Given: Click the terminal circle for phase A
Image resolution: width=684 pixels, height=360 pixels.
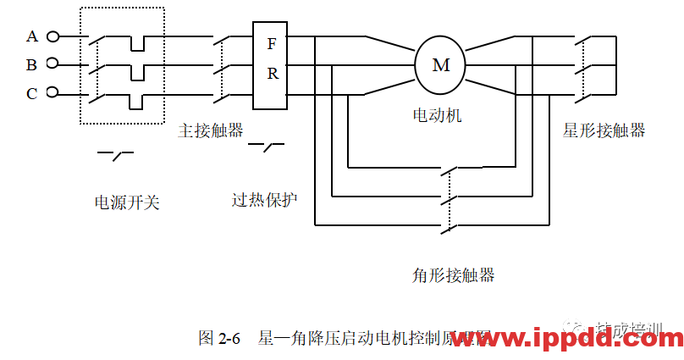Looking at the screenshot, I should [x=52, y=36].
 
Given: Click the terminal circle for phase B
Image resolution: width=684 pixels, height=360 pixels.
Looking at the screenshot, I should [x=52, y=64].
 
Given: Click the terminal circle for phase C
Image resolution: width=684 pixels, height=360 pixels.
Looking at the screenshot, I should [x=52, y=92].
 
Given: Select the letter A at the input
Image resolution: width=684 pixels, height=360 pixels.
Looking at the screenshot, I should [x=32, y=36].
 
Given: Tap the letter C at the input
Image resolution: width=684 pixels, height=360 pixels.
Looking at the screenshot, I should [x=32, y=93].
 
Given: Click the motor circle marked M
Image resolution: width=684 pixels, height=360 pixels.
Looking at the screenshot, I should [x=440, y=64].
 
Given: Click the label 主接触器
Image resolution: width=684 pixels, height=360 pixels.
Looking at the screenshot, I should [x=211, y=130].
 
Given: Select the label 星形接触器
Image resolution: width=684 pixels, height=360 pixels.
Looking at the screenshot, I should [x=604, y=130].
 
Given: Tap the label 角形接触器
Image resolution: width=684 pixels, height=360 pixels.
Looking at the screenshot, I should [x=453, y=275].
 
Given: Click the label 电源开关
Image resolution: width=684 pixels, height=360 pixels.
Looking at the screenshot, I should [x=127, y=202].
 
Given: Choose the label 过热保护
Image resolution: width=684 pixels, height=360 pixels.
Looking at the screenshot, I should [x=265, y=201].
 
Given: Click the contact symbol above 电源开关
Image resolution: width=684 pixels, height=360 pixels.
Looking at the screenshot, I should [x=116, y=154].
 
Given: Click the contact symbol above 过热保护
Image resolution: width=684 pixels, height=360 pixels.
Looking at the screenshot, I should [x=267, y=147].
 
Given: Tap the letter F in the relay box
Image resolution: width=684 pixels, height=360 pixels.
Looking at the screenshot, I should [x=272, y=44].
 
